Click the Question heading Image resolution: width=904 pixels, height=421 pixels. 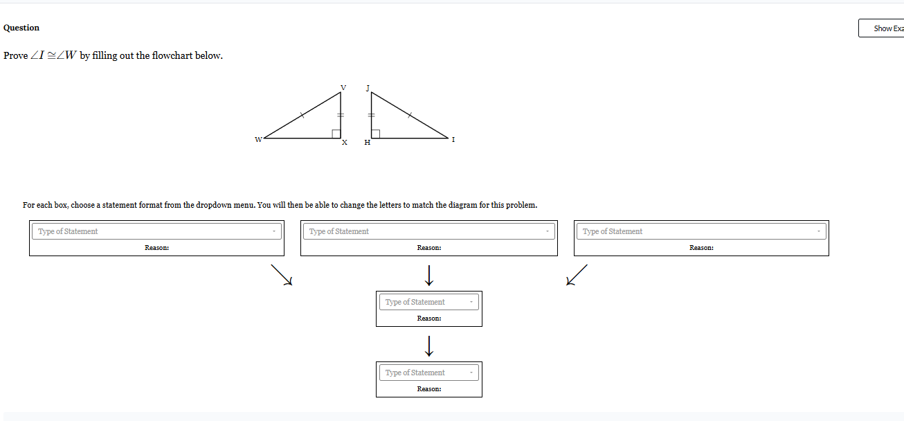(x=21, y=28)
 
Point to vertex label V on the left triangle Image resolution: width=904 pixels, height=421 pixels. (x=343, y=88)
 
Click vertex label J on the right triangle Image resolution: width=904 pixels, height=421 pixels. (x=368, y=88)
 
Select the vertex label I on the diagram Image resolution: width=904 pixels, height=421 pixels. (x=453, y=140)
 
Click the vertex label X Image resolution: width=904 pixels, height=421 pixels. (x=344, y=143)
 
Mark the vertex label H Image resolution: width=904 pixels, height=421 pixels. (x=368, y=143)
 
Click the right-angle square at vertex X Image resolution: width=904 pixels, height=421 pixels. (x=336, y=134)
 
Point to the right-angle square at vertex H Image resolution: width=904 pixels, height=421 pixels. (x=375, y=134)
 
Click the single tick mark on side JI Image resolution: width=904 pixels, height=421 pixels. (x=409, y=116)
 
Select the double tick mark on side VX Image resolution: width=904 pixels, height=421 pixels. (x=341, y=115)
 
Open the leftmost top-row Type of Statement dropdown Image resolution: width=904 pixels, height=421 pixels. (x=156, y=231)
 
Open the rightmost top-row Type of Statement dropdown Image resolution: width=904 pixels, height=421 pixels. (x=700, y=231)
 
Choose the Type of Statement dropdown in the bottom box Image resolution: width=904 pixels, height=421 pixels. (x=428, y=373)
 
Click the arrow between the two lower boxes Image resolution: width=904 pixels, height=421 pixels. (x=429, y=344)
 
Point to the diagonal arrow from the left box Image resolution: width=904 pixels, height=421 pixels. (x=282, y=274)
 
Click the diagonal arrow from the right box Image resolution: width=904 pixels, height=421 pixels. (x=577, y=274)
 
